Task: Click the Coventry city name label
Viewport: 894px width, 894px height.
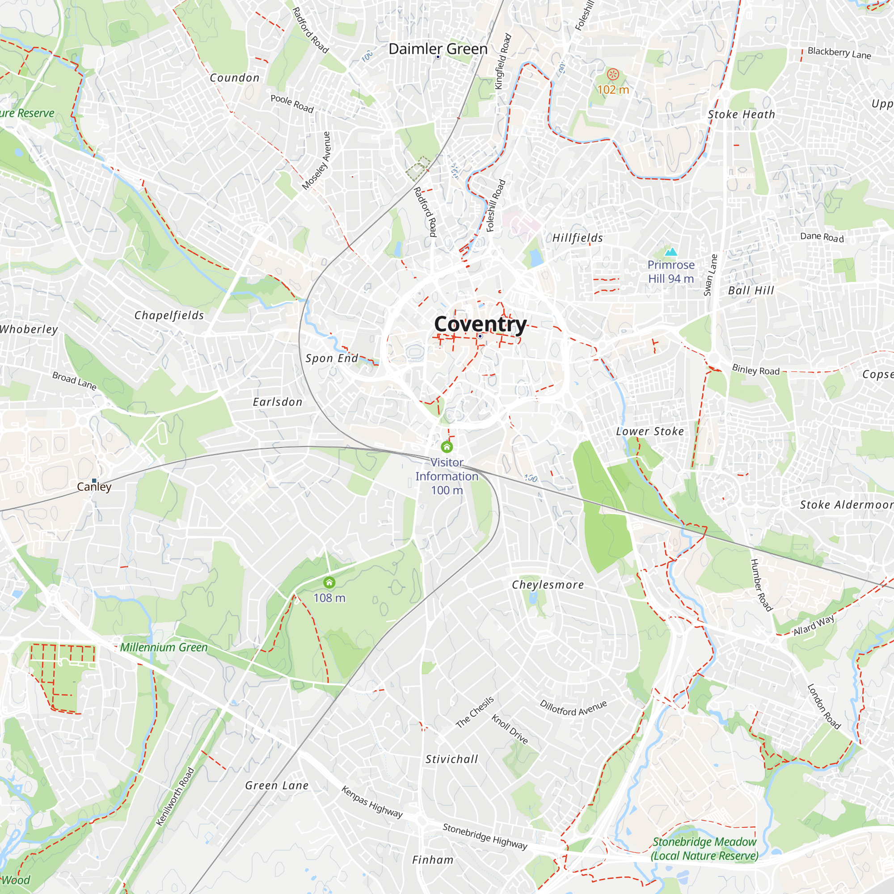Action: point(480,324)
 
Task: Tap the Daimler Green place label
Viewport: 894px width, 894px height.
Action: point(438,49)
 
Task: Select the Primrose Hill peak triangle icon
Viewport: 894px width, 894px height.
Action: point(670,252)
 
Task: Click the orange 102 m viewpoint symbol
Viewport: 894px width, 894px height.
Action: point(613,74)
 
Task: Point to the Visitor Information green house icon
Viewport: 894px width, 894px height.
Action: point(447,447)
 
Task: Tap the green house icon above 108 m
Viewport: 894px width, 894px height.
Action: point(329,582)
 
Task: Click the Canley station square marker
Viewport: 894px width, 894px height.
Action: point(94,481)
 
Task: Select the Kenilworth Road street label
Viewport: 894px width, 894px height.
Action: point(175,797)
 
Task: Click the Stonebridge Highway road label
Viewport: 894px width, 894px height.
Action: point(485,836)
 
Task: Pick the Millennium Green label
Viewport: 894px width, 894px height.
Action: point(164,647)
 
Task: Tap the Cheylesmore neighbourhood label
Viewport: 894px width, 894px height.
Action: point(548,585)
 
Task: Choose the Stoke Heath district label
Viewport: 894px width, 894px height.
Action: point(741,114)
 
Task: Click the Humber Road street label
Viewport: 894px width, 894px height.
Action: point(761,585)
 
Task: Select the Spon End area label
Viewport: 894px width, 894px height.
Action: point(331,358)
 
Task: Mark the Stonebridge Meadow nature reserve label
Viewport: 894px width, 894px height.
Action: point(704,849)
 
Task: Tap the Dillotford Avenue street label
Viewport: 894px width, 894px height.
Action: point(573,708)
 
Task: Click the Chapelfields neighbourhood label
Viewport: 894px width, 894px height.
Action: point(169,315)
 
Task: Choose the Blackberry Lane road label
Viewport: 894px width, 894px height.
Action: point(839,53)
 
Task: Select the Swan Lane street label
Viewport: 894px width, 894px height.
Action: point(710,275)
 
